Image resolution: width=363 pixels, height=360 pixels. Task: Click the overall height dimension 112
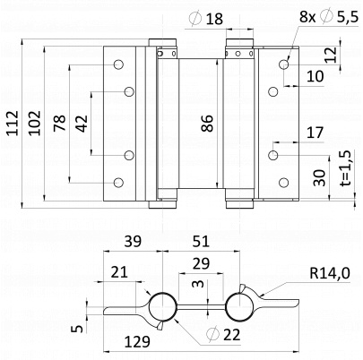click(x=13, y=123)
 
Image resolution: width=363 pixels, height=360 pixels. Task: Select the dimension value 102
click(x=34, y=123)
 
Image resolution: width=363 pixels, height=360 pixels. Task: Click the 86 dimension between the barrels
click(x=207, y=124)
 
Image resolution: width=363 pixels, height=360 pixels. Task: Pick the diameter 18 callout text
click(x=206, y=19)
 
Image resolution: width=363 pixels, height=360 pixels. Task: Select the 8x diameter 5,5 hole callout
click(x=329, y=16)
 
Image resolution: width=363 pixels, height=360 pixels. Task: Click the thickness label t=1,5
click(x=346, y=167)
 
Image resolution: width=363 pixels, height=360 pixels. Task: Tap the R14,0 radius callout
click(x=330, y=273)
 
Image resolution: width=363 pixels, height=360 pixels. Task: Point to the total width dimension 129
click(x=137, y=341)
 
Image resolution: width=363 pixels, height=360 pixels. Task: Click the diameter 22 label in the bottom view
click(x=224, y=334)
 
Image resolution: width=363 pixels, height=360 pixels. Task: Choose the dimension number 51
click(x=201, y=241)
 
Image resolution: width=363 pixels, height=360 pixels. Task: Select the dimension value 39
click(x=133, y=241)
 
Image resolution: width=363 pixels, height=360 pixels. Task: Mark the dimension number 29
click(x=201, y=263)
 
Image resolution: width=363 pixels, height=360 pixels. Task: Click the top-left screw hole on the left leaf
click(x=118, y=64)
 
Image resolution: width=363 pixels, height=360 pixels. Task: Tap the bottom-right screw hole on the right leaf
click(x=283, y=183)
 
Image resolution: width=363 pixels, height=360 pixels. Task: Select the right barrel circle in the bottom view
click(x=239, y=306)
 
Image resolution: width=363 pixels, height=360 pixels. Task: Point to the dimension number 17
click(x=315, y=133)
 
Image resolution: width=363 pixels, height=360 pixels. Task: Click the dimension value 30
click(x=319, y=177)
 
